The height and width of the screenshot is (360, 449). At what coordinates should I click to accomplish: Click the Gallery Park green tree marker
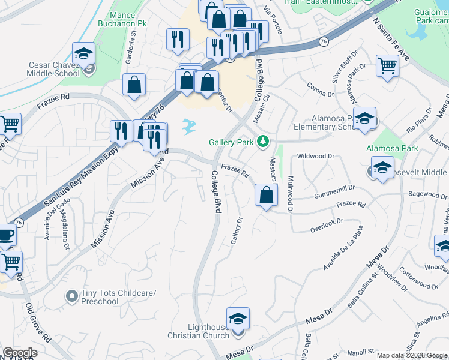(262, 142)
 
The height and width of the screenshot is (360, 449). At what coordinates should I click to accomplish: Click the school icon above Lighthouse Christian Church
(238, 318)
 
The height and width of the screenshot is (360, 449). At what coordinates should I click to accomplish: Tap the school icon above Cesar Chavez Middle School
(83, 53)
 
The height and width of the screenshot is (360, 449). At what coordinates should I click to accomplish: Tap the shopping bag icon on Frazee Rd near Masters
(266, 194)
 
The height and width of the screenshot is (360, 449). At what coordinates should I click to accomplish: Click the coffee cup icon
(5, 235)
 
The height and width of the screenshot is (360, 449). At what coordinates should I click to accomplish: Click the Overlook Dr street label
(326, 226)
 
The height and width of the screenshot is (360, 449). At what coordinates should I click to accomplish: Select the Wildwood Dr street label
(316, 156)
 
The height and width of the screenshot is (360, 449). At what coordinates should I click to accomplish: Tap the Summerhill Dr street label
(335, 192)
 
